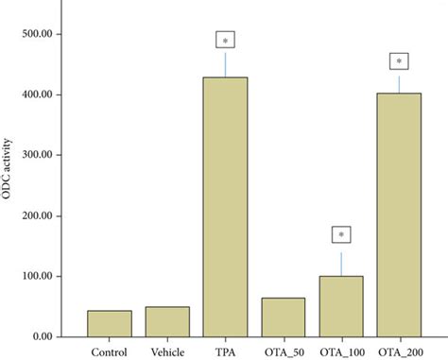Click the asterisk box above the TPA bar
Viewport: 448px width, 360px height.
coord(225,41)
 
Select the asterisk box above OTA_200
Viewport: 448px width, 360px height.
coord(399,62)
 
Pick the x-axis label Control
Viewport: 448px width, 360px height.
coord(109,351)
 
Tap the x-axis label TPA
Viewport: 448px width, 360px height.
coord(225,351)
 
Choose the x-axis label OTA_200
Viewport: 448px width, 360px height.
coord(399,351)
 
